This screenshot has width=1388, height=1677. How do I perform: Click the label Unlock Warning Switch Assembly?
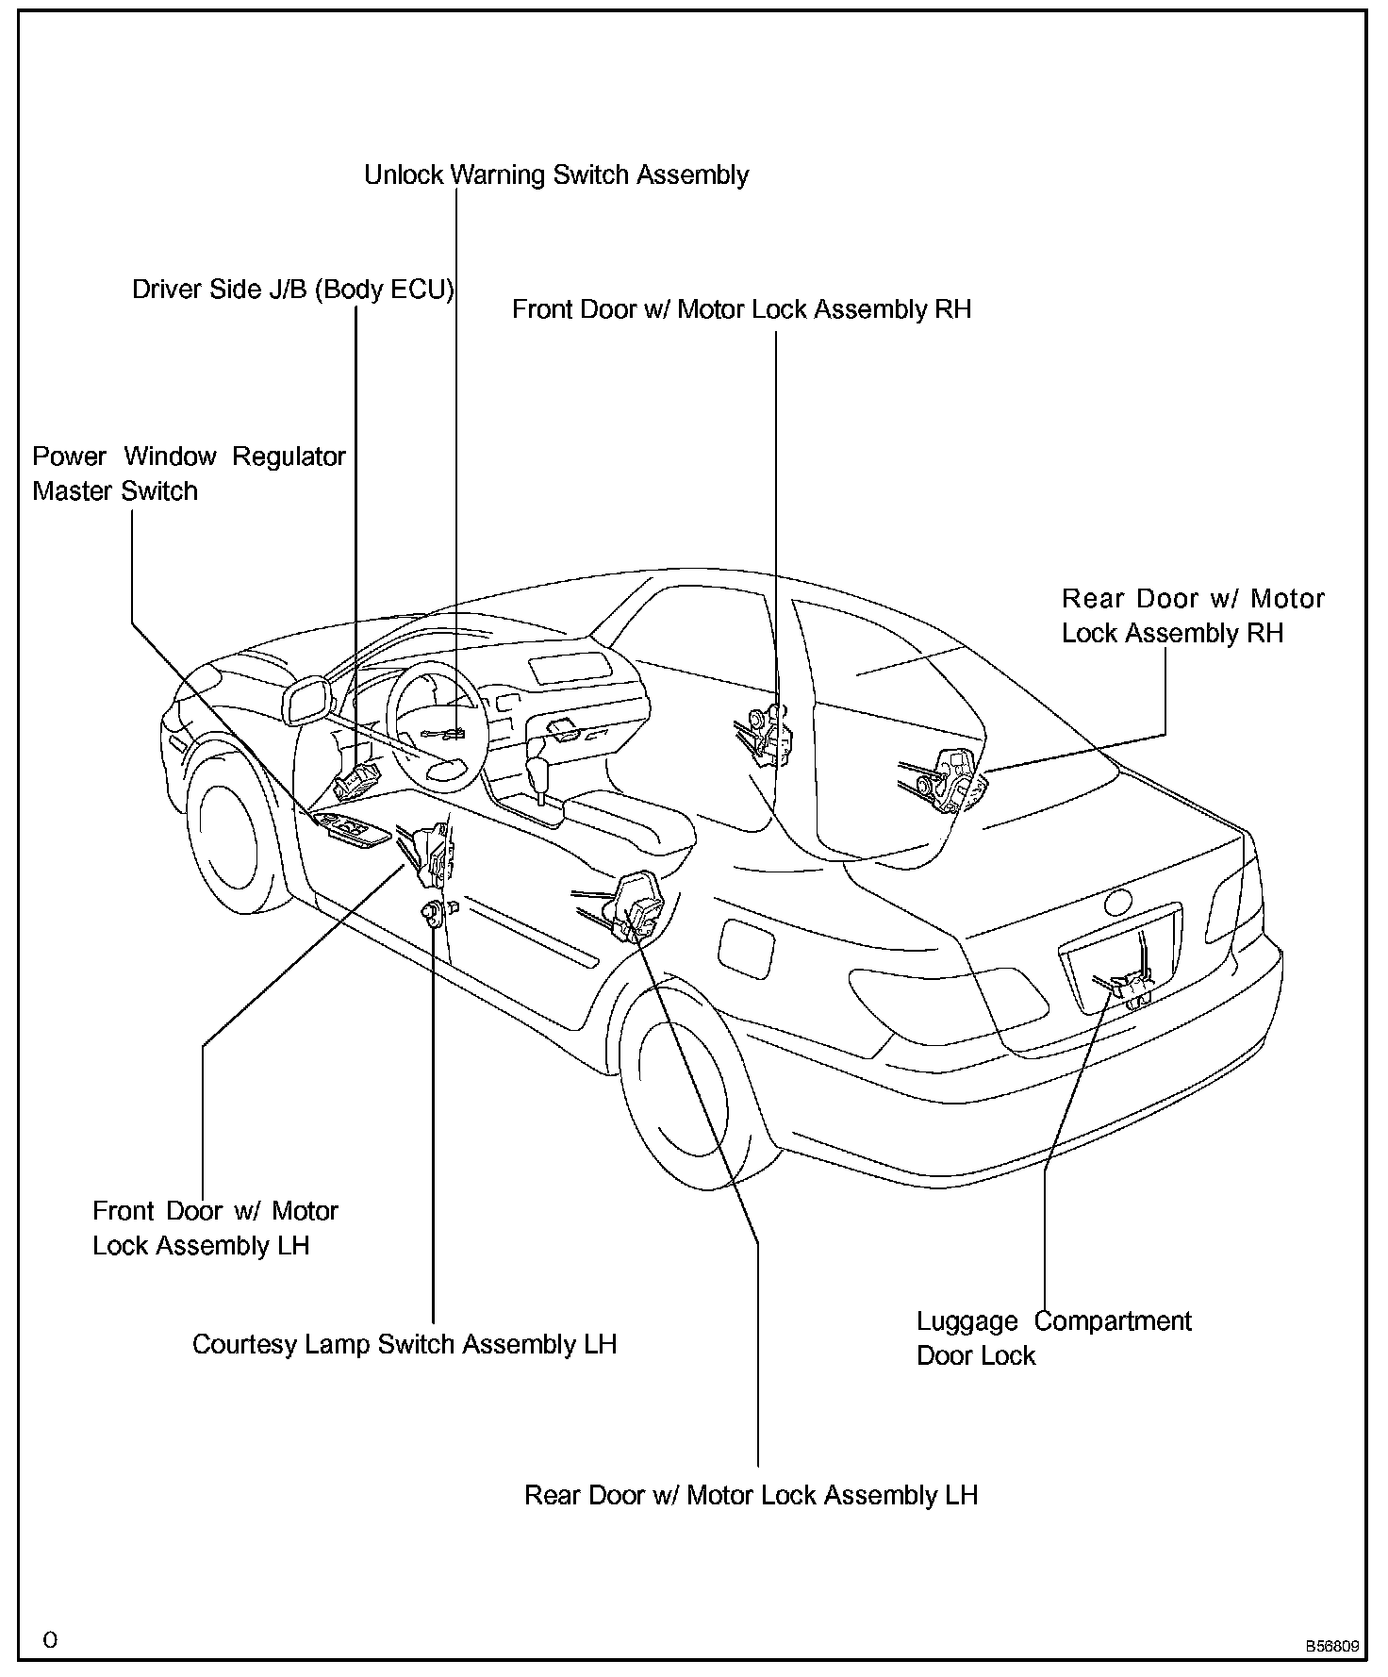556,175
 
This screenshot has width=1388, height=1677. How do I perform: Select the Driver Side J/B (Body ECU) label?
292,290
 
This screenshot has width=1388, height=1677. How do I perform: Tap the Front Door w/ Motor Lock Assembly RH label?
741,309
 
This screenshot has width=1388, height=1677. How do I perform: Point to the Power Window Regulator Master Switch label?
189,473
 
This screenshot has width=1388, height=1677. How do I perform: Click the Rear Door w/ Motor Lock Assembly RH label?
1193,616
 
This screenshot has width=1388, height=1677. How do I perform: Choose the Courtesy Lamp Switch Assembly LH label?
405,1344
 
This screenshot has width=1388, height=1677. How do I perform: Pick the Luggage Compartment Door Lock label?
1053,1338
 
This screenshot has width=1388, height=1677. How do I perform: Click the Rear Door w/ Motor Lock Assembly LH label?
751,1495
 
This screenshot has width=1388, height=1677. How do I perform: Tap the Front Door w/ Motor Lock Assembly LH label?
215,1228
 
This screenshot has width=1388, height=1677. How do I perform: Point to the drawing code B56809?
1332,1647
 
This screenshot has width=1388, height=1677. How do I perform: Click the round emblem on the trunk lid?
1119,902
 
